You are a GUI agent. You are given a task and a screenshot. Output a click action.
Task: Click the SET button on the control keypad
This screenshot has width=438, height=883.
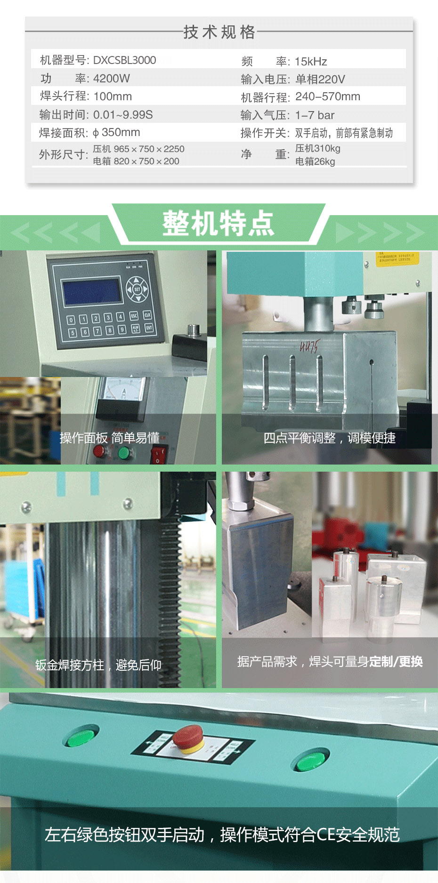tap(137, 289)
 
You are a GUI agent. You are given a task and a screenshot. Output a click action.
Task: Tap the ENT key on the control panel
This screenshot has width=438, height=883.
tap(149, 328)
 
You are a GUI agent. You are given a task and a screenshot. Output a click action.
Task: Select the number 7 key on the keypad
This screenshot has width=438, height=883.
tap(97, 331)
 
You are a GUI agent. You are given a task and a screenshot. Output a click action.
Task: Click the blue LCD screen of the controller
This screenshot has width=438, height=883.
tap(92, 291)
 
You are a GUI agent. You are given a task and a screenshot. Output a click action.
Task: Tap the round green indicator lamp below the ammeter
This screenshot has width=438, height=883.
tap(124, 453)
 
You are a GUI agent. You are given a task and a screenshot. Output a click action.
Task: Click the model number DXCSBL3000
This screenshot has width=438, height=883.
tap(124, 60)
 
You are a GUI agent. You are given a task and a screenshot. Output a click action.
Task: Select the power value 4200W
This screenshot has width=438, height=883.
tap(111, 78)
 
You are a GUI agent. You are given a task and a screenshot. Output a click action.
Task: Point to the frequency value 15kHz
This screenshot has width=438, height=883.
tap(311, 61)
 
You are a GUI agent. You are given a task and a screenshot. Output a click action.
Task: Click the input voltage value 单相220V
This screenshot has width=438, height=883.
tap(320, 79)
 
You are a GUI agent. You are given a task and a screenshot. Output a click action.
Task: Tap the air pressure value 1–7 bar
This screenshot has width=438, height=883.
tap(315, 115)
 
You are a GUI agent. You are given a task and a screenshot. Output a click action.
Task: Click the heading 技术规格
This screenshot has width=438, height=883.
tap(219, 32)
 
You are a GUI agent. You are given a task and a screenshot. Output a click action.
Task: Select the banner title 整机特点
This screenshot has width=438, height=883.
tap(218, 224)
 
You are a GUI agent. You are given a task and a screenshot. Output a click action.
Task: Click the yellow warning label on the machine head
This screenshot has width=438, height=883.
tap(397, 259)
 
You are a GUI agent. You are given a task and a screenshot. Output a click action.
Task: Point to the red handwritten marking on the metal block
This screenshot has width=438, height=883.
tap(309, 347)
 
